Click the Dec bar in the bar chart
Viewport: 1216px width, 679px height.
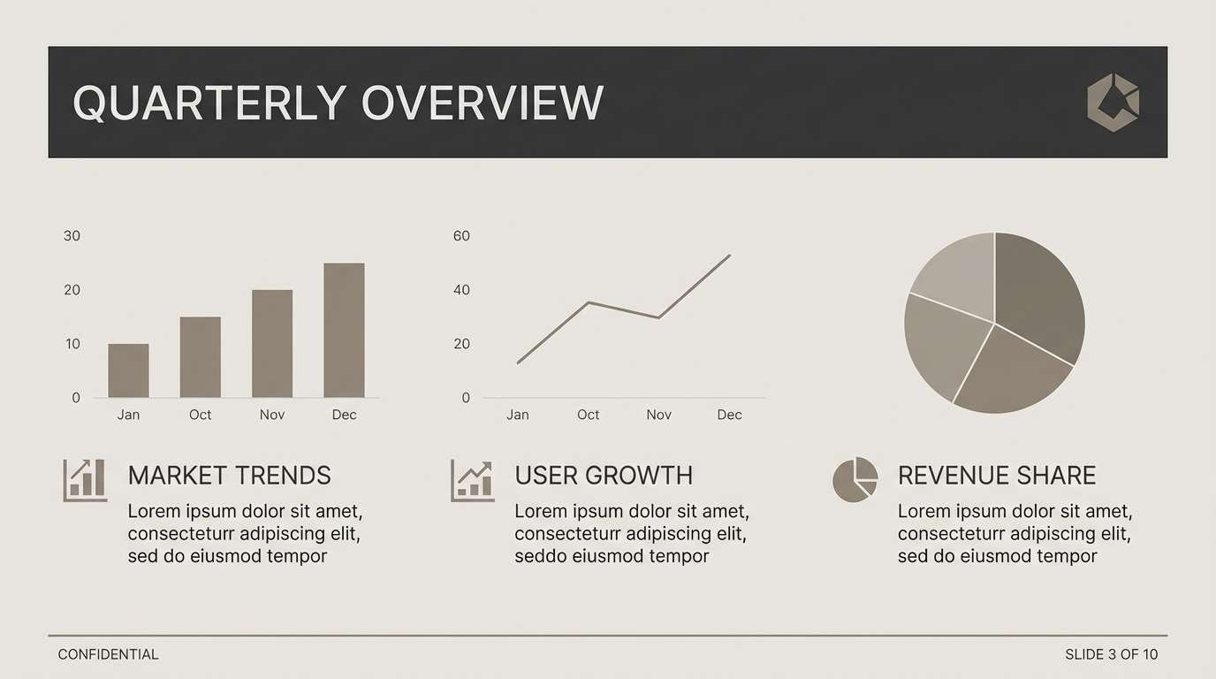click(344, 331)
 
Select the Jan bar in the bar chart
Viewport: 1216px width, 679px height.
click(128, 370)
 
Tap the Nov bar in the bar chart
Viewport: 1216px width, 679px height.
click(272, 344)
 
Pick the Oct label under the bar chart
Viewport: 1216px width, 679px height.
click(200, 415)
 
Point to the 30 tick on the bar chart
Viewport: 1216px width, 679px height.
click(72, 236)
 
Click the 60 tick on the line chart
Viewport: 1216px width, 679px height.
click(461, 236)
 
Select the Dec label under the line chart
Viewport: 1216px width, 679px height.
click(729, 415)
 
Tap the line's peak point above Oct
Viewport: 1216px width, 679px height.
click(589, 303)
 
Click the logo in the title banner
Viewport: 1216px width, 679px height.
click(1113, 103)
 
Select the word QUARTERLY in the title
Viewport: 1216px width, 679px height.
click(209, 103)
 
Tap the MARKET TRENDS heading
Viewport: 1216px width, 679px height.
click(229, 476)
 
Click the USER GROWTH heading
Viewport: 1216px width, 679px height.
click(604, 476)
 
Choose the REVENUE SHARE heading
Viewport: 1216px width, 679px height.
click(996, 476)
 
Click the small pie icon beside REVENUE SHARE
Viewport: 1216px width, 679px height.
click(855, 480)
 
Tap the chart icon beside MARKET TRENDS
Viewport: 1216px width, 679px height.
click(85, 480)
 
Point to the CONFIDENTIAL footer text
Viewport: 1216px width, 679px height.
click(108, 655)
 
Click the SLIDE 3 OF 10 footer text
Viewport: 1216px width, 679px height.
click(1111, 655)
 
